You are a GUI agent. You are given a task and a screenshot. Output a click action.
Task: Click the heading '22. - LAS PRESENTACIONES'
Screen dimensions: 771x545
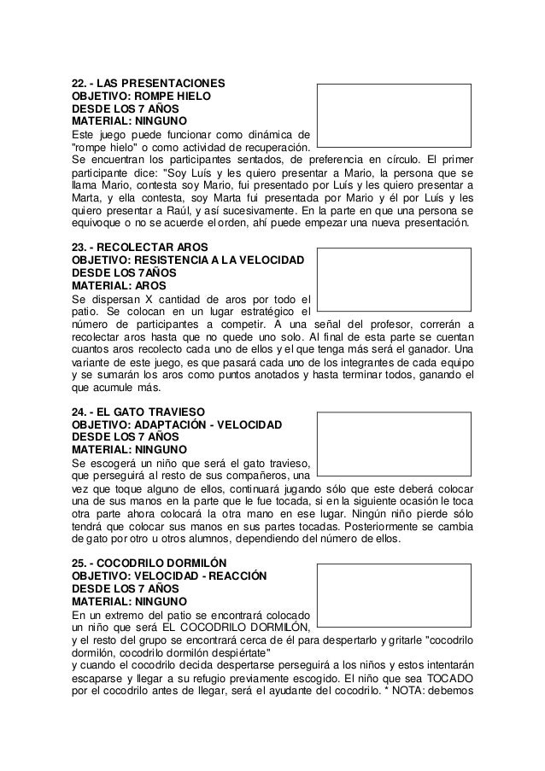148,85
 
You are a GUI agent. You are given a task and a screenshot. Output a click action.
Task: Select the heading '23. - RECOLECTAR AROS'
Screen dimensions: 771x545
133,248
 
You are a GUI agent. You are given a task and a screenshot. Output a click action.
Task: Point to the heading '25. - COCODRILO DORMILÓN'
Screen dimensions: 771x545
149,564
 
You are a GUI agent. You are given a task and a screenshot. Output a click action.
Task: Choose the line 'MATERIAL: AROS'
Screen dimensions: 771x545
119,285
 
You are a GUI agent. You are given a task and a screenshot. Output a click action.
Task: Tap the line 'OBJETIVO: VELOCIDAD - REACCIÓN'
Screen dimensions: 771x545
169,576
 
